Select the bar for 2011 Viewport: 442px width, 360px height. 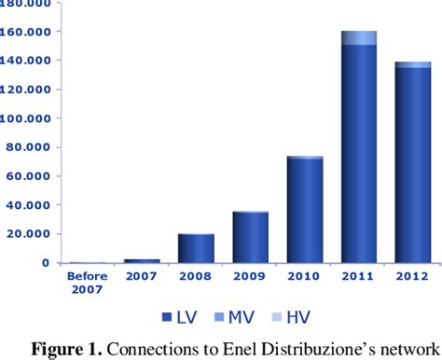click(x=359, y=159)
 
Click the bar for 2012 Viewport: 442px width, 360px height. click(x=413, y=168)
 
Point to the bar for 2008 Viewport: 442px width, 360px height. click(x=196, y=248)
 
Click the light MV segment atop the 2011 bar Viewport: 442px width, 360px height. click(x=359, y=37)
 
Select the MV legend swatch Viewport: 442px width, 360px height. click(x=218, y=316)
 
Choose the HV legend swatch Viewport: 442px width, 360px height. click(x=275, y=316)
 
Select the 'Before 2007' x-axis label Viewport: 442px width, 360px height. click(x=87, y=282)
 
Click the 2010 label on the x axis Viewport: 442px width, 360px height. click(x=305, y=276)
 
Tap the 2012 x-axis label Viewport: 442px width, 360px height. click(x=413, y=276)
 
